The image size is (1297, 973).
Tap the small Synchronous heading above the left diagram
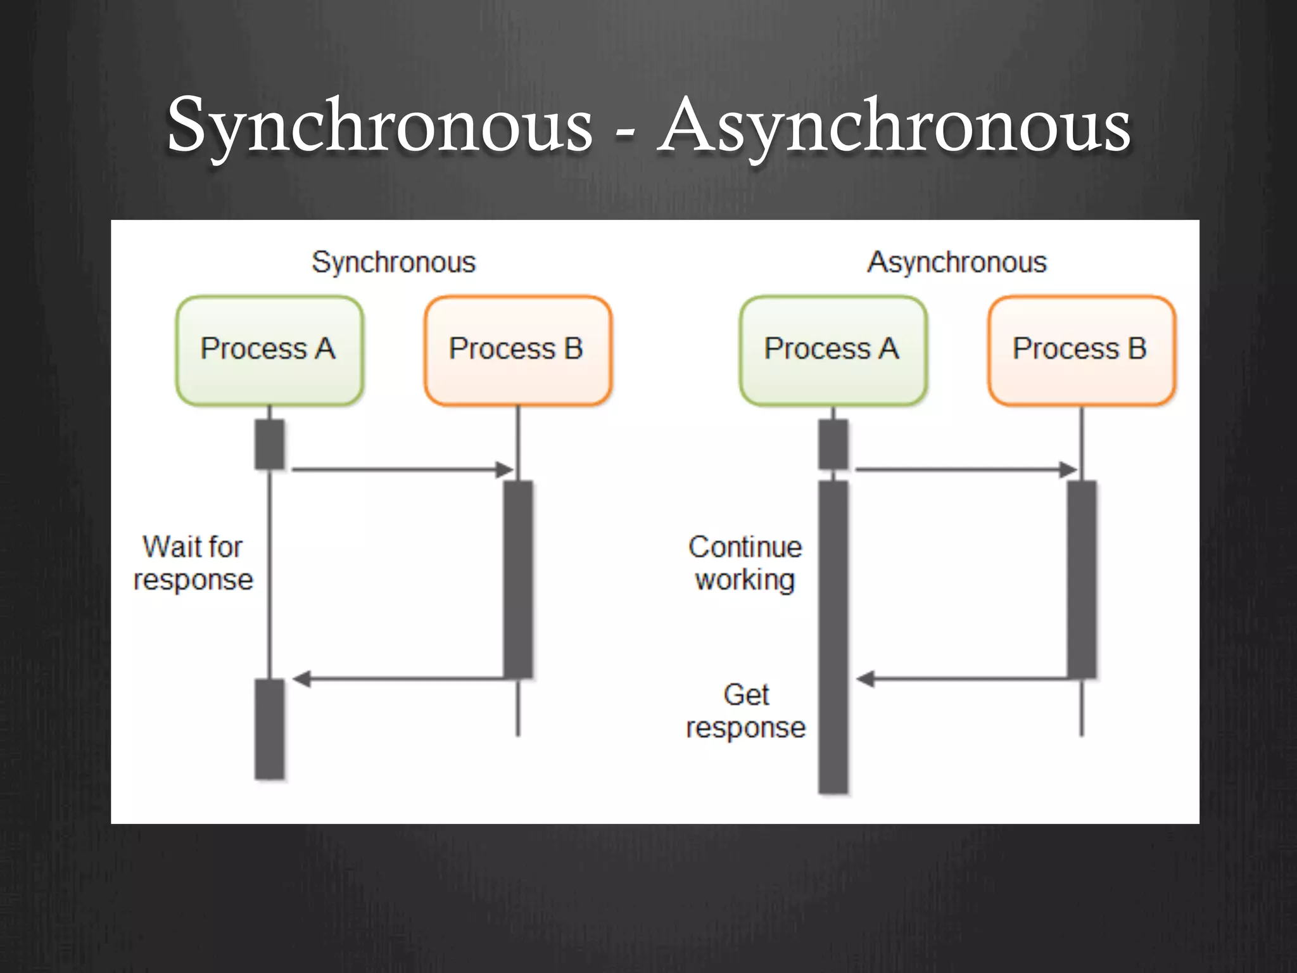[393, 262]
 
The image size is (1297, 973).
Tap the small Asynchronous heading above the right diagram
[957, 262]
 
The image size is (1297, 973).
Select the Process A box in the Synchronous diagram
[269, 350]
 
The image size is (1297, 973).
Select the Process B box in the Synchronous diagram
[517, 350]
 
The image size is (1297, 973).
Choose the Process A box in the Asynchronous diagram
[833, 350]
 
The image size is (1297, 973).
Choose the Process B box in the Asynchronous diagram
[1081, 350]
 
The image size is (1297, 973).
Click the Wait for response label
[193, 563]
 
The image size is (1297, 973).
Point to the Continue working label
[745, 563]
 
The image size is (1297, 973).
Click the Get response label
[745, 711]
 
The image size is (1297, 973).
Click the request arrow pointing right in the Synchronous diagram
[402, 469]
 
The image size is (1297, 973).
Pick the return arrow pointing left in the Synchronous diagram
[402, 679]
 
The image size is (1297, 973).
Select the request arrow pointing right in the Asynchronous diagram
[965, 469]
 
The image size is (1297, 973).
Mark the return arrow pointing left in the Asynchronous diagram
[965, 679]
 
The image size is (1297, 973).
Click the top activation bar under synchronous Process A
[269, 444]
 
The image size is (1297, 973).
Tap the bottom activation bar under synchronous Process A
[269, 728]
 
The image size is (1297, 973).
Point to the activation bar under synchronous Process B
[518, 579]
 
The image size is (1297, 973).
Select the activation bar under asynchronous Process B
[1082, 579]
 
